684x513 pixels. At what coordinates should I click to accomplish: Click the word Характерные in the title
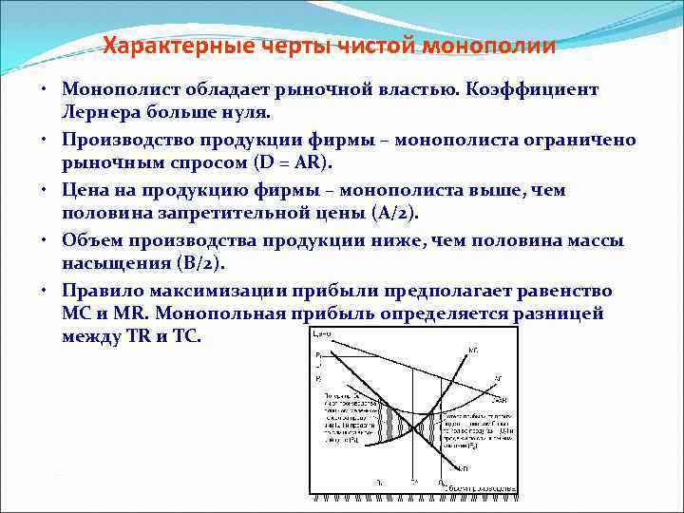coord(167,46)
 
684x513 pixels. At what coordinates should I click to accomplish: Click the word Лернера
coord(105,112)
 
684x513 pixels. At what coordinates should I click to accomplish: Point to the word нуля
coord(248,112)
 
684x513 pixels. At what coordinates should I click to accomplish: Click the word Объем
coord(92,241)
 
